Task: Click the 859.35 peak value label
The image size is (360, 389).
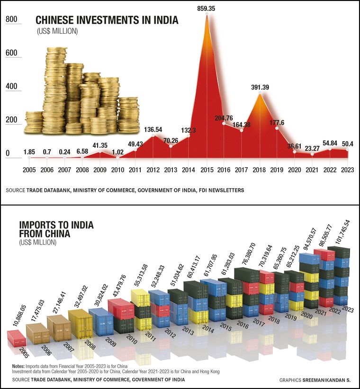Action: pyautogui.click(x=206, y=8)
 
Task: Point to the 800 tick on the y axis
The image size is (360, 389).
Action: pyautogui.click(x=11, y=19)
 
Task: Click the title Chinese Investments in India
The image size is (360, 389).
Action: pyautogui.click(x=107, y=20)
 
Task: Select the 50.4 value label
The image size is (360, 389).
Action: pyautogui.click(x=348, y=144)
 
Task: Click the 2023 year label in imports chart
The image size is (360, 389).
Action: pyautogui.click(x=348, y=309)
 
